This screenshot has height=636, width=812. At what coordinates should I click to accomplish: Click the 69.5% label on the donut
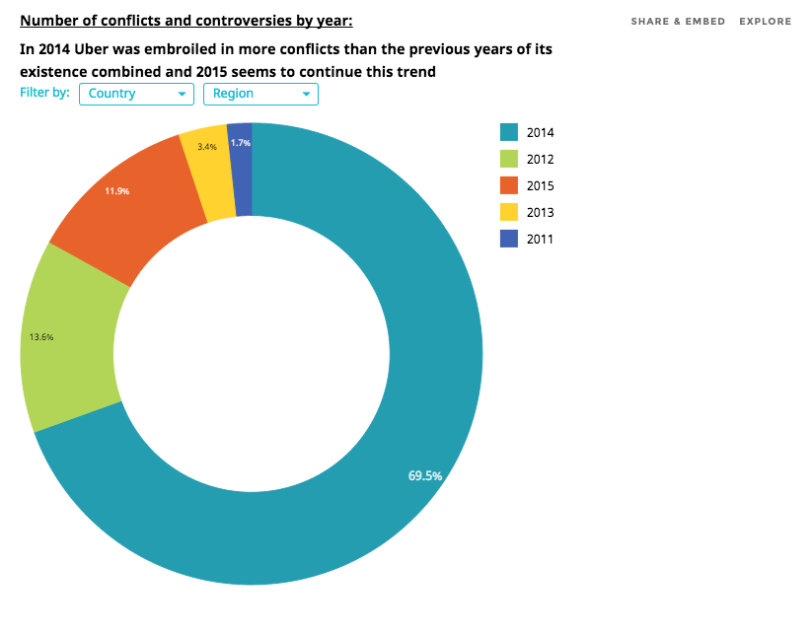tap(425, 475)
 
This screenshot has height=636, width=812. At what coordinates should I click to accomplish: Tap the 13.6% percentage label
tap(41, 337)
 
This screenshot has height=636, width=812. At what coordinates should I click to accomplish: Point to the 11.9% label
tap(117, 191)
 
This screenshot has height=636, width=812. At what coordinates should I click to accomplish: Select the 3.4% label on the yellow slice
tap(207, 147)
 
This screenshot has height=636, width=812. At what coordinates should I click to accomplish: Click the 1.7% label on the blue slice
tap(241, 143)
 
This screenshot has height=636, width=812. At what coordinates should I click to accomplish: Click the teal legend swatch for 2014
tap(509, 132)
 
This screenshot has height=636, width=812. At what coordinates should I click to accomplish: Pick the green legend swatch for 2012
tap(509, 159)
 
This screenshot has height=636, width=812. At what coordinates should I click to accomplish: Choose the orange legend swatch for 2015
tap(509, 185)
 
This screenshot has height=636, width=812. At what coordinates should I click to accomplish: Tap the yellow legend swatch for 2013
tap(509, 212)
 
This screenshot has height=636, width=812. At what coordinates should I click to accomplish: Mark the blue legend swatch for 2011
tap(509, 239)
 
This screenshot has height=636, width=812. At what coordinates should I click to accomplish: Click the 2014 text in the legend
tap(541, 133)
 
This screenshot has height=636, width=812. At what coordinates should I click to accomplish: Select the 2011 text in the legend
tap(541, 240)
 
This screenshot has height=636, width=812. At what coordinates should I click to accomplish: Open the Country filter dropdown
tap(136, 94)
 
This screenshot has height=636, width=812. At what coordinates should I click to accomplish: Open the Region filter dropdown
tap(260, 94)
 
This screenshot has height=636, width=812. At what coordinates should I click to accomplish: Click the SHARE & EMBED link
tap(678, 22)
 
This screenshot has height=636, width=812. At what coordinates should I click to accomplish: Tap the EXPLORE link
tap(765, 22)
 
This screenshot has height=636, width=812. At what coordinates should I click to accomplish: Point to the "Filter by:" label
tap(45, 94)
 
